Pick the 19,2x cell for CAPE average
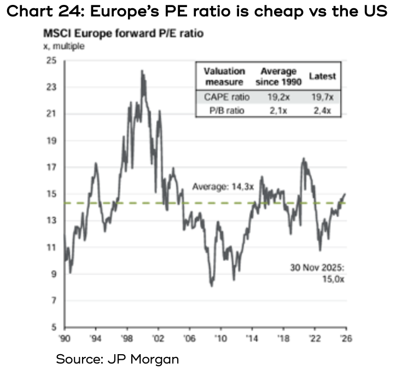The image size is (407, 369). pos(275,97)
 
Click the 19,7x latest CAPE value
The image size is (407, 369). pos(322,97)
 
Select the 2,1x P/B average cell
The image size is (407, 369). pos(275,110)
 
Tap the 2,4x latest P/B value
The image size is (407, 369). pos(322,110)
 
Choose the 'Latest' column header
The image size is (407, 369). pos(322,77)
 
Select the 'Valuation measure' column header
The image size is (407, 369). pos(224,77)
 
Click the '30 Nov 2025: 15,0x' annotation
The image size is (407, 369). pos(319,273)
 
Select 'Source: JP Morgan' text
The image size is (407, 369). pos(117,359)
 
